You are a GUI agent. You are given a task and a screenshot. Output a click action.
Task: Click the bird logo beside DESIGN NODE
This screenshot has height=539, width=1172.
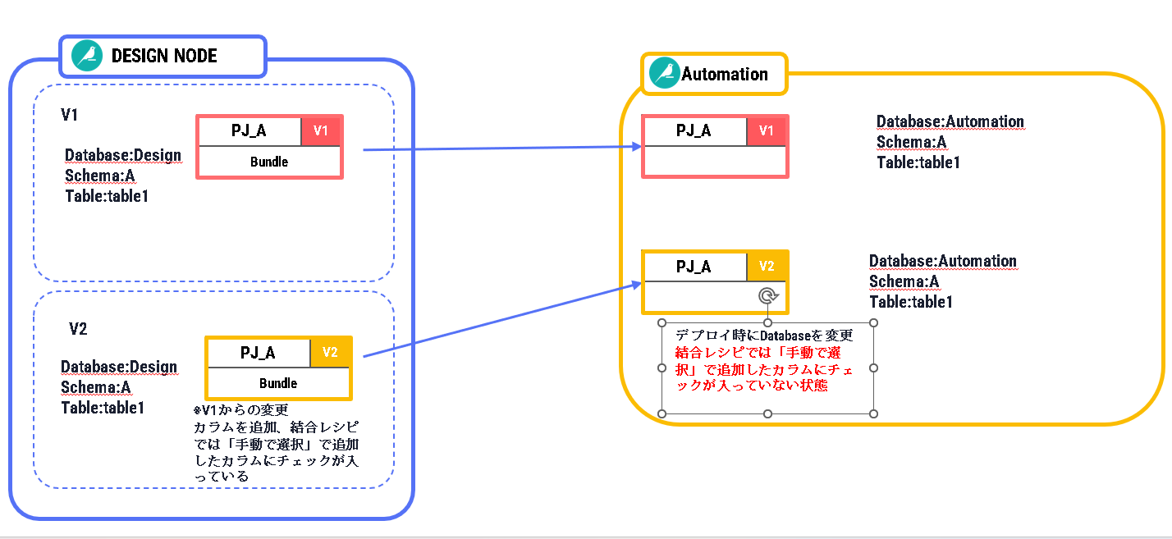tap(87, 56)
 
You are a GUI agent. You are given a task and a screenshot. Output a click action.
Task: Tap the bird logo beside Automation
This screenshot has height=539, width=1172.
tap(664, 74)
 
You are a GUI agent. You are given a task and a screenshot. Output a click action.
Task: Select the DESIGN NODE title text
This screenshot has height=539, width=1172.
tap(164, 56)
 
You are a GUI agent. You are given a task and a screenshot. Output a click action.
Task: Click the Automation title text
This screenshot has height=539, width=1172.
tap(725, 74)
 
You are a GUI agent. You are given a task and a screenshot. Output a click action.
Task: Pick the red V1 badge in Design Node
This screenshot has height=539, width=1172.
tap(321, 131)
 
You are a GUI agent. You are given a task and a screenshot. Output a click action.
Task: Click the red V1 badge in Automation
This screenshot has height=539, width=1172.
tap(767, 131)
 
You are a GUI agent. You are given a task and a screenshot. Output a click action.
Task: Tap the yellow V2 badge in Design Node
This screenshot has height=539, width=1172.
tap(331, 353)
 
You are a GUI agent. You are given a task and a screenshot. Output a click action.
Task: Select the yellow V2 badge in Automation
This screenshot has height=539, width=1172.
tap(767, 267)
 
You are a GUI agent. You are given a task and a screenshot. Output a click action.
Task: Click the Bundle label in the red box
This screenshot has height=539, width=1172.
tap(269, 162)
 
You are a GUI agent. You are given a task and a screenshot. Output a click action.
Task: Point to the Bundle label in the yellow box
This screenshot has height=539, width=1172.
tap(278, 383)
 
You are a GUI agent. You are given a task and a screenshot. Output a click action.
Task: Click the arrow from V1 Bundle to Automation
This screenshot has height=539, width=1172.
tap(501, 148)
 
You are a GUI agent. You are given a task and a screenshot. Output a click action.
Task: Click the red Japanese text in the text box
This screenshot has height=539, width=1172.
tap(763, 369)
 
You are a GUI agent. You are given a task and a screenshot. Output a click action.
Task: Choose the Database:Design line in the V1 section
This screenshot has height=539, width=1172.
tap(123, 156)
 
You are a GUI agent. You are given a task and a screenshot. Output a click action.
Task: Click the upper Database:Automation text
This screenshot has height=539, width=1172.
tap(950, 122)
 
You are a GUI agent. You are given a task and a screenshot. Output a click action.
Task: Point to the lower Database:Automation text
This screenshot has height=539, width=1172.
tap(943, 262)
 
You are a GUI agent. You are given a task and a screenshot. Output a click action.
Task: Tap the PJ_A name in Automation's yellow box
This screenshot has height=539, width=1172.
tap(694, 267)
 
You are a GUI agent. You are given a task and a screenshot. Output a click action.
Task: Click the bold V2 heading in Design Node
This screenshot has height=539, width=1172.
tap(78, 329)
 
